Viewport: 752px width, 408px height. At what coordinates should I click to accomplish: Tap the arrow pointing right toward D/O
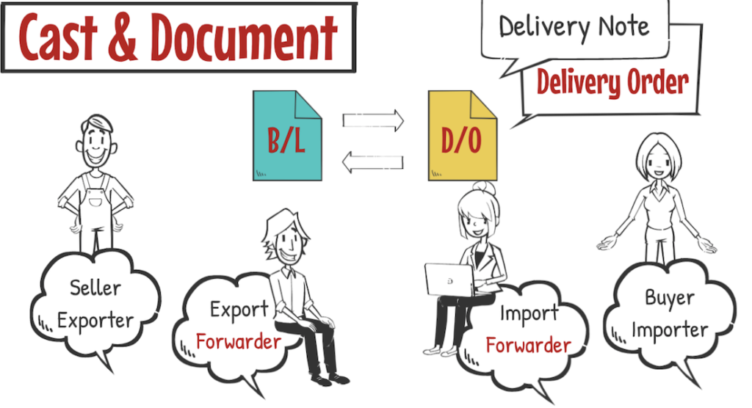374,120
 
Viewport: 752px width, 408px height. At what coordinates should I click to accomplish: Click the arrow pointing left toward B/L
374,162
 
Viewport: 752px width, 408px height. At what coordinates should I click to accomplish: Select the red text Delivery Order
612,82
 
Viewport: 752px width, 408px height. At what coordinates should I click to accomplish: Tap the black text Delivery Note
574,27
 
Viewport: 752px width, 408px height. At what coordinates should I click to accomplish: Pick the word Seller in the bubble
95,288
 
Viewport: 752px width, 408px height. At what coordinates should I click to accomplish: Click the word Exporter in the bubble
95,321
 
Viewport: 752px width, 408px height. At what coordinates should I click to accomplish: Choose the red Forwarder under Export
238,341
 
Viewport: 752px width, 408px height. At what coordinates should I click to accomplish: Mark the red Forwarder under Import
528,345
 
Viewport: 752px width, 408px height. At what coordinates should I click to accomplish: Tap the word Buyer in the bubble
669,298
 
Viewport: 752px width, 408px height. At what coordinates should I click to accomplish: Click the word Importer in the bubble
670,330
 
